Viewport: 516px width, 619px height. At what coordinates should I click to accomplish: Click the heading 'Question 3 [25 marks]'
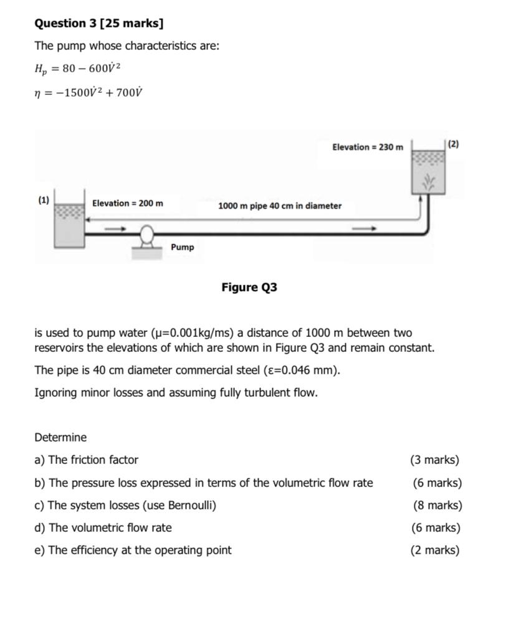coord(99,24)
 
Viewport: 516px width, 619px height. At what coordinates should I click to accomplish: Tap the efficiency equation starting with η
coord(88,92)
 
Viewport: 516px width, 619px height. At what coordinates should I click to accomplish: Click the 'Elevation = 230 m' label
coord(367,147)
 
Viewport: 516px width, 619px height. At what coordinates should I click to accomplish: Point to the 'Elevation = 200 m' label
coord(128,203)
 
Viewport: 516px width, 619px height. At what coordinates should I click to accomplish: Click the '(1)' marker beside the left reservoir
coord(43,200)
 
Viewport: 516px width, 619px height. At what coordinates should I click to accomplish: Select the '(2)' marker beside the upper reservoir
coord(453,144)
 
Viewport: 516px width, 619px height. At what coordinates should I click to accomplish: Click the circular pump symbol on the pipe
coord(147,235)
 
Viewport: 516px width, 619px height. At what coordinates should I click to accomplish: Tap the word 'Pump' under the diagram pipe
coord(182,247)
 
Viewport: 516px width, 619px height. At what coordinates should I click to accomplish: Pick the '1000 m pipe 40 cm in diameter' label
coord(280,206)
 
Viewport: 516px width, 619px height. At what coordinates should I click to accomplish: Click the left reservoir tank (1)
coord(69,223)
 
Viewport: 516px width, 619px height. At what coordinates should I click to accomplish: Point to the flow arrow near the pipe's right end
coord(364,229)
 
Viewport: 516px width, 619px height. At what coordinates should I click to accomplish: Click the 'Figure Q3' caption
coord(249,287)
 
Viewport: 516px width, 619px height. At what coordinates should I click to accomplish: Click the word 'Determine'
coord(60,437)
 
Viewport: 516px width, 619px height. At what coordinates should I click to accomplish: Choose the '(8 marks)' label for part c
coord(437,505)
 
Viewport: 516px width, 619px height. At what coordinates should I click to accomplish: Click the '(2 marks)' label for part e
coord(435,550)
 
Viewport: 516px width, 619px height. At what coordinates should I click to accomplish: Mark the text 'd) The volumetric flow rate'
coord(103,527)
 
